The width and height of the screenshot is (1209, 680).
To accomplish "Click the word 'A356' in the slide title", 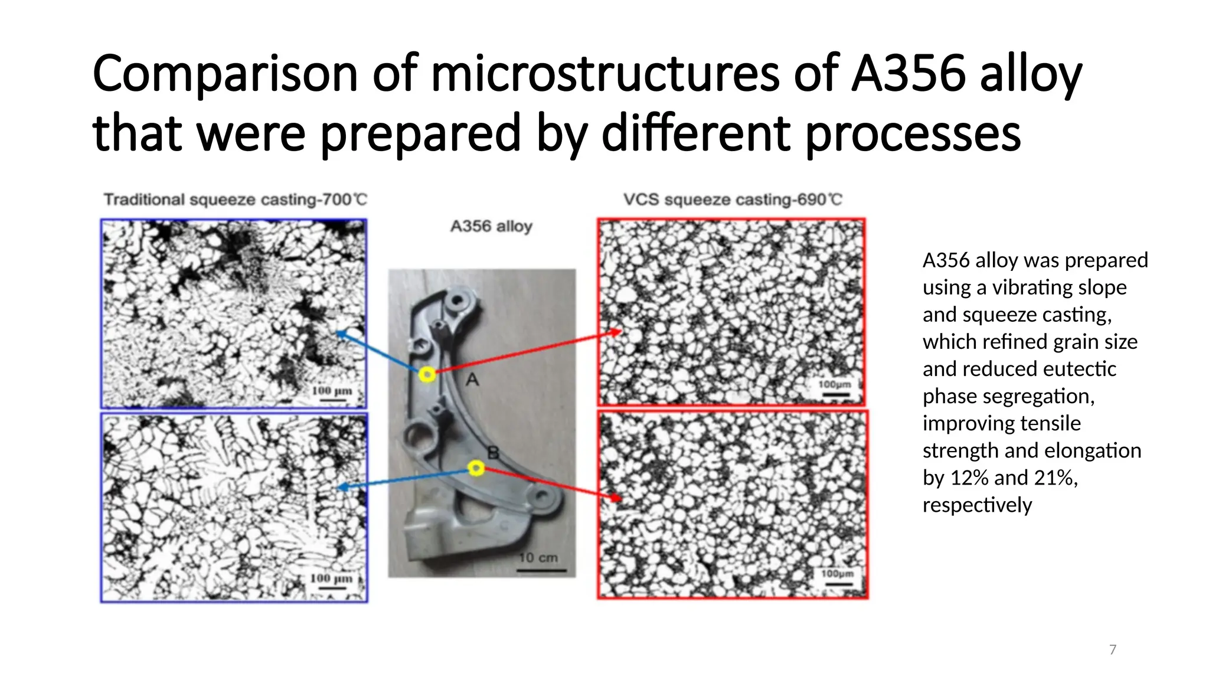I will tap(908, 74).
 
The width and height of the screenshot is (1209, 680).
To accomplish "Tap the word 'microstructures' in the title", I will tap(605, 74).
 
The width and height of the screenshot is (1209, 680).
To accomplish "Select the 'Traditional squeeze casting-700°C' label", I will tap(236, 200).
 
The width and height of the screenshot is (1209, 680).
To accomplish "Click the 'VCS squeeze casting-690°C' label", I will tap(733, 200).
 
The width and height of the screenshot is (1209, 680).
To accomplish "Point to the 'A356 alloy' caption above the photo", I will tap(491, 226).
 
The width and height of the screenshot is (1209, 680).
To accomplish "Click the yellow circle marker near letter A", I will tap(427, 374).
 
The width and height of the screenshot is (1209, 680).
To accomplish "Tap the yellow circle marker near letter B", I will tap(476, 468).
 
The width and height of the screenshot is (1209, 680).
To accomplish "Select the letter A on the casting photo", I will tap(472, 380).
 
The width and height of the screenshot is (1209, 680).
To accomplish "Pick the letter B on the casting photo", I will tap(493, 453).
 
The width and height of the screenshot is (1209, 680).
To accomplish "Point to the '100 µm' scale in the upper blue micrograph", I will tap(332, 394).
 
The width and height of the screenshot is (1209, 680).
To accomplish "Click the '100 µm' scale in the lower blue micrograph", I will tap(331, 581).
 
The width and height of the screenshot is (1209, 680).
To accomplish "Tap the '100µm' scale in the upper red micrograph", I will tap(835, 388).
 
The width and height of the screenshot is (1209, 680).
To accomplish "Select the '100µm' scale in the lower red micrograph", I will tap(837, 577).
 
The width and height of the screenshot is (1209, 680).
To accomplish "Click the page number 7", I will tap(1113, 650).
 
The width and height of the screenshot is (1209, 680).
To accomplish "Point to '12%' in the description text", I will tap(969, 478).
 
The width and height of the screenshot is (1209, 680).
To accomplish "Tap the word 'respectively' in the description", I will tap(977, 505).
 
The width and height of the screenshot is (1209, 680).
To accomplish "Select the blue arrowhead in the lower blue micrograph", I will tap(341, 487).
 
